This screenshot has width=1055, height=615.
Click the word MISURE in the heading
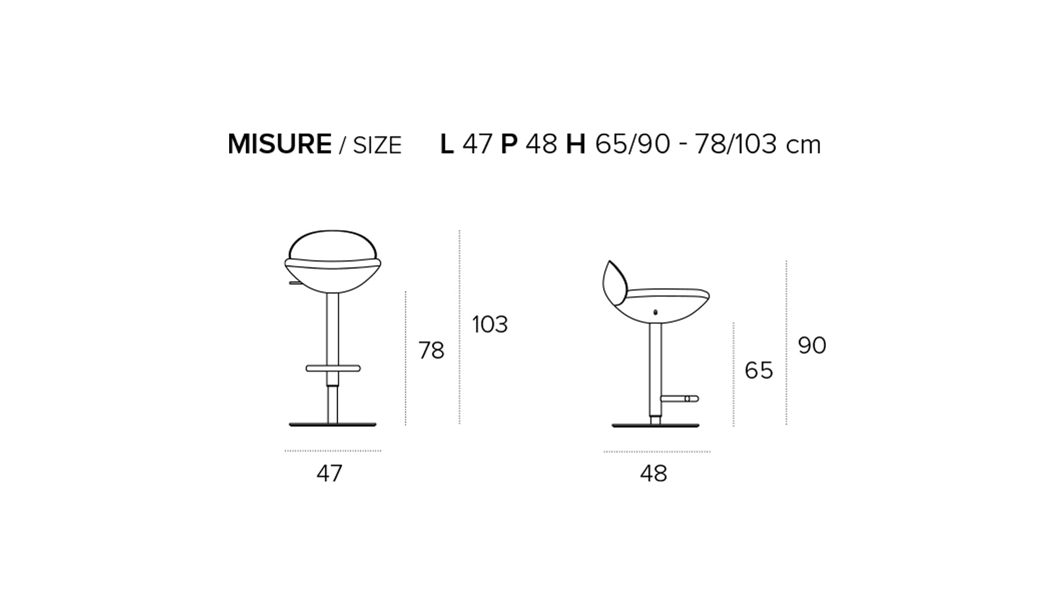(280, 144)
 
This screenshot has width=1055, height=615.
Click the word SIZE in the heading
(377, 145)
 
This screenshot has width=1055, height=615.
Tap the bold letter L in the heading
(447, 144)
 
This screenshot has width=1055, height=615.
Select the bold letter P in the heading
(509, 144)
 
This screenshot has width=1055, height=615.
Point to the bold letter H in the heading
(576, 144)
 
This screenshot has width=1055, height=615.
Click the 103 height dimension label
(490, 324)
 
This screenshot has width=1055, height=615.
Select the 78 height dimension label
(431, 350)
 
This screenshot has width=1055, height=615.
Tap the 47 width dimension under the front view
(329, 473)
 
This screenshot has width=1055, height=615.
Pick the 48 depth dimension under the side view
(654, 473)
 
